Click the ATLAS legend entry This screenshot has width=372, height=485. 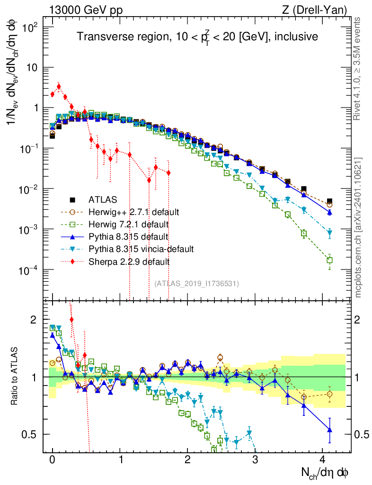click(103, 199)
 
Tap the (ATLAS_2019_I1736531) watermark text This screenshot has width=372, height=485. click(196, 283)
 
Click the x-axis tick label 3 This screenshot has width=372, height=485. click(256, 459)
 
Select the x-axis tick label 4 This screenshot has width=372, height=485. click(323, 459)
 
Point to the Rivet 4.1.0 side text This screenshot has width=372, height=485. click(358, 68)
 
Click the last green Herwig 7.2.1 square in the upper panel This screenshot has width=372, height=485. click(329, 260)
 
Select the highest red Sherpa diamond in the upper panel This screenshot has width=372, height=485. click(59, 87)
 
